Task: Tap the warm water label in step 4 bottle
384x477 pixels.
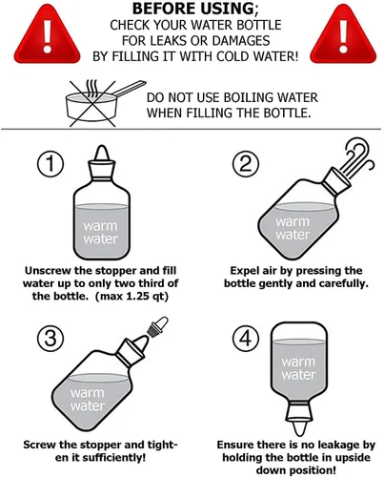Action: click(x=299, y=367)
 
